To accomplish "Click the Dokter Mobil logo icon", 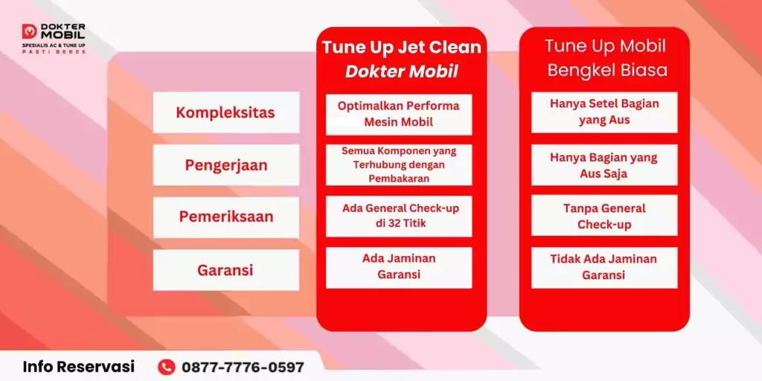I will click(x=29, y=31).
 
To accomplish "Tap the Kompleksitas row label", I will click(x=225, y=112).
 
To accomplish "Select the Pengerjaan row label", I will click(x=225, y=165).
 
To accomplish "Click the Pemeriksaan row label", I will click(x=225, y=217).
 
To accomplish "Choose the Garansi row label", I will click(x=225, y=270).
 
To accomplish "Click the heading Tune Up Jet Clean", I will click(x=401, y=48).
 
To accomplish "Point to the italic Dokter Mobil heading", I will click(x=401, y=71).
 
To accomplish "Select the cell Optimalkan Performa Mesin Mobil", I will click(x=398, y=113).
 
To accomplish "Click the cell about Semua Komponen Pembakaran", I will click(x=398, y=164).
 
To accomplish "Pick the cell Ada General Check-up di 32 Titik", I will click(x=398, y=216).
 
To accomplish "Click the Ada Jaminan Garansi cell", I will click(x=398, y=266).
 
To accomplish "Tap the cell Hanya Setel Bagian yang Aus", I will click(x=604, y=112).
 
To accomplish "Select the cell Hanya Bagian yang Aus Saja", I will click(x=604, y=165).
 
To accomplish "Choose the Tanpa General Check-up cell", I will click(x=604, y=216).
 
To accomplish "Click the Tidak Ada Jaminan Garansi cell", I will click(x=604, y=266).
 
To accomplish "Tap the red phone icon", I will click(x=167, y=367).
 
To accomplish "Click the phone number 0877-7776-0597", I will click(x=243, y=367).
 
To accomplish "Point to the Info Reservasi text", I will click(x=79, y=367).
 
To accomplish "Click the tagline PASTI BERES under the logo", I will click(x=54, y=52).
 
